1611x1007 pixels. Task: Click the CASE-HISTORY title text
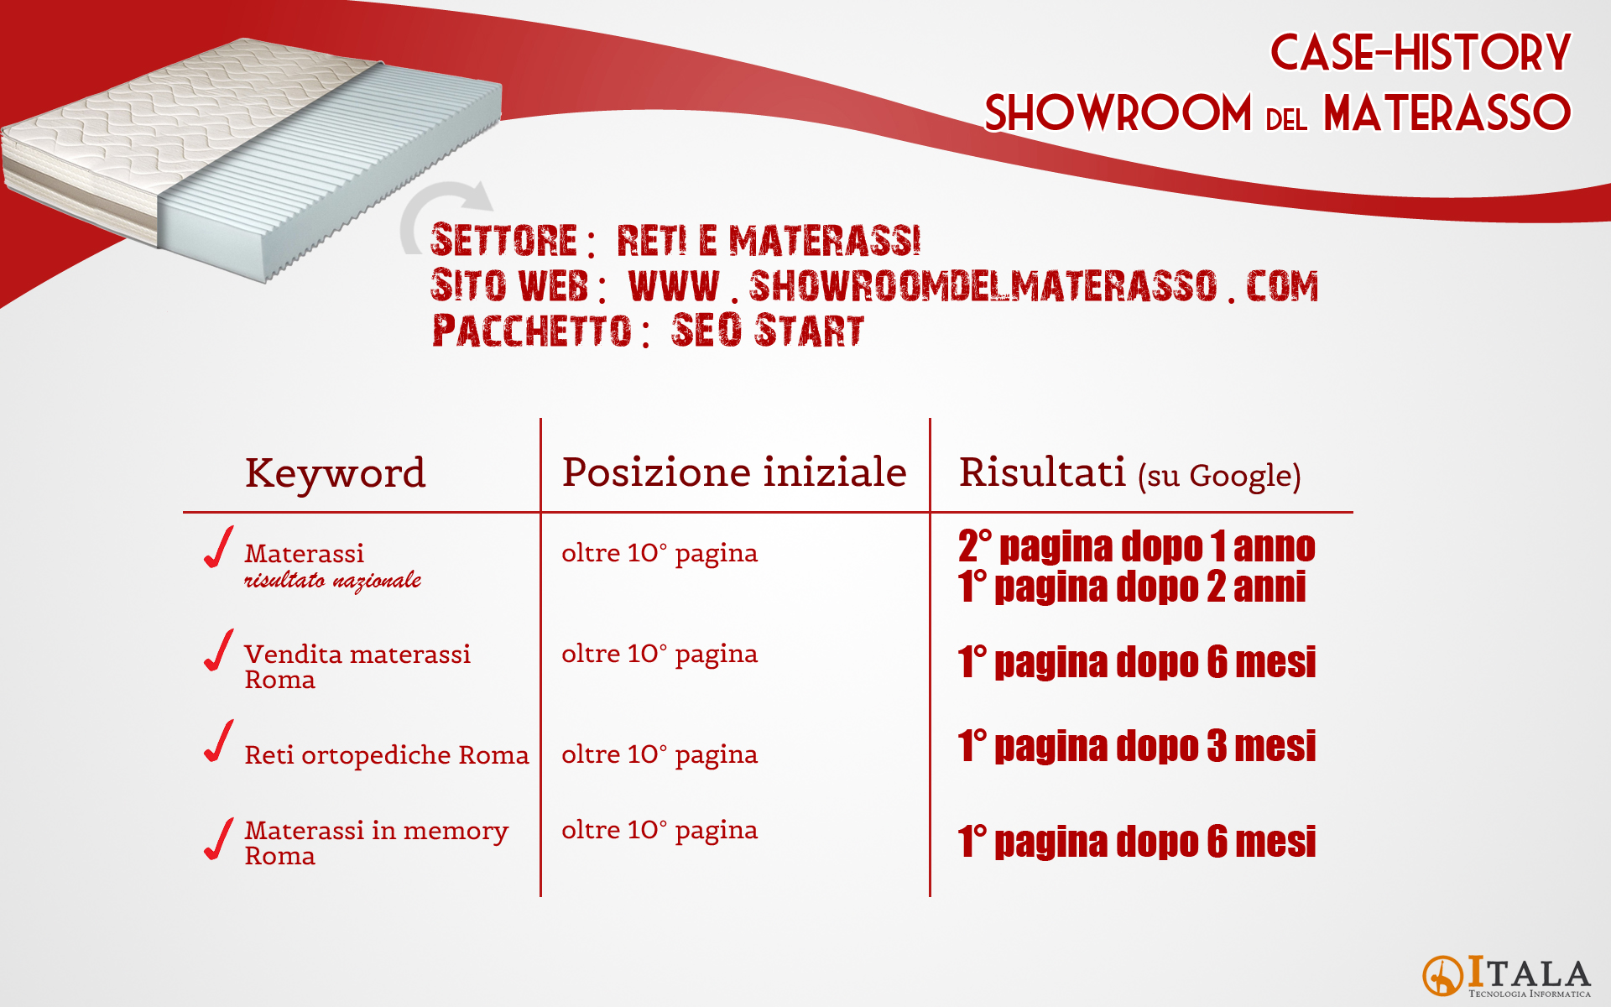(1420, 52)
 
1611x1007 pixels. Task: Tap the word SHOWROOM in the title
(1118, 113)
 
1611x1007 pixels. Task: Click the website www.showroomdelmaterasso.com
(973, 286)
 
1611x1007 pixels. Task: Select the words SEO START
(768, 330)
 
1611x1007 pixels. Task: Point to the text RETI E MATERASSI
(769, 241)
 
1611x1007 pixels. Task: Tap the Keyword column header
(336, 472)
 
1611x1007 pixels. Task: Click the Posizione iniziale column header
(734, 472)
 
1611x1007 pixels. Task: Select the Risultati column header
(1129, 473)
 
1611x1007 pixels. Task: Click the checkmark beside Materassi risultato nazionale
(219, 547)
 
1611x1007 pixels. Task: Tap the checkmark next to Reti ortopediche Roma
(219, 741)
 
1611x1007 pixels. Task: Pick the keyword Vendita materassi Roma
(357, 666)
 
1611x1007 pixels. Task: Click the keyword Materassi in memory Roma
(377, 843)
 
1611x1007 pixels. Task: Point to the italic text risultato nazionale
(333, 580)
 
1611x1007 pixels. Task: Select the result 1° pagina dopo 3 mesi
(1137, 746)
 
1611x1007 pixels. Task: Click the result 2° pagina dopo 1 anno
(1137, 546)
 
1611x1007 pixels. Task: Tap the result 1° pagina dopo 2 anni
(1132, 587)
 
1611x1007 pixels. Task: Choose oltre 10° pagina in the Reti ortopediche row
(660, 755)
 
